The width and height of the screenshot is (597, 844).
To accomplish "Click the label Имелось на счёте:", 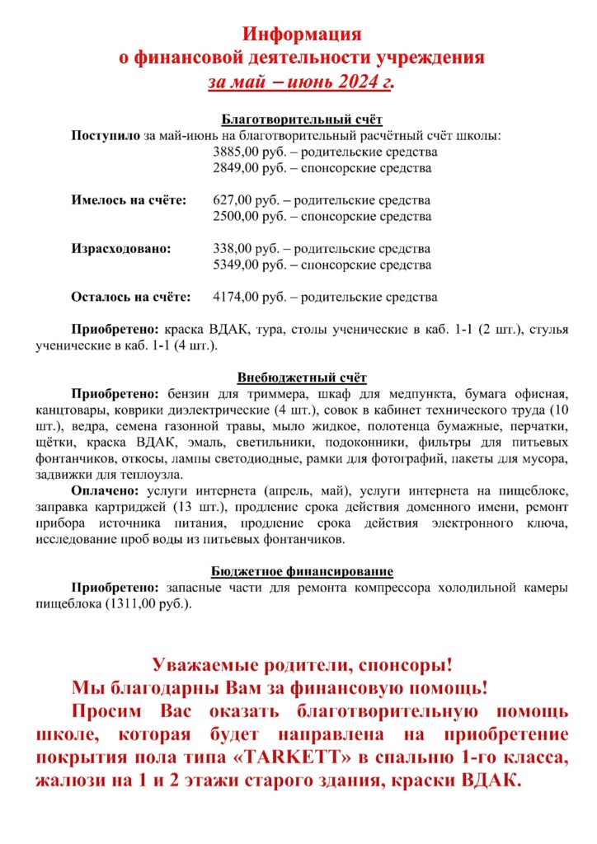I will pyautogui.click(x=129, y=200).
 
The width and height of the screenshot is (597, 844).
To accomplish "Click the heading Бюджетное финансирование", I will pyautogui.click(x=302, y=571).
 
